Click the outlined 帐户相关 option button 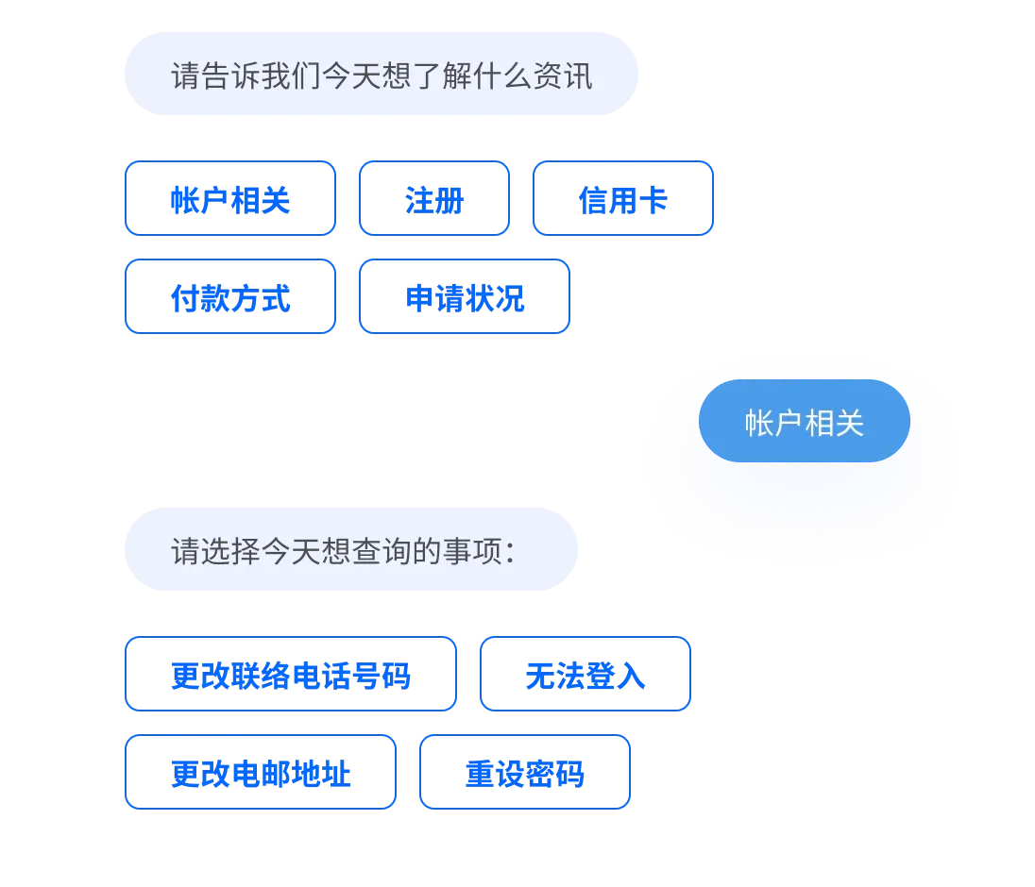pos(229,199)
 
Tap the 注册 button pos(433,199)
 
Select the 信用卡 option pos(623,199)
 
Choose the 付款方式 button pos(229,298)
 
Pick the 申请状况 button pos(464,298)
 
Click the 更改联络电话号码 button pos(290,675)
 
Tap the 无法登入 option pos(585,675)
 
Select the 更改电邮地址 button pos(260,774)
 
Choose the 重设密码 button pos(524,774)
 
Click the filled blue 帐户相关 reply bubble pos(805,422)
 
